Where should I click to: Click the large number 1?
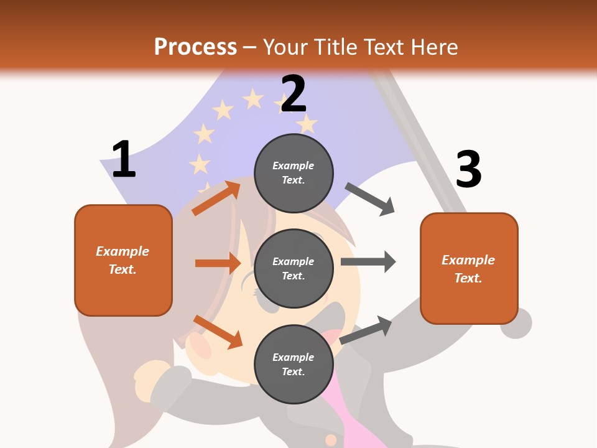pyautogui.click(x=124, y=159)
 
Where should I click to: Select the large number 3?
pyautogui.click(x=468, y=169)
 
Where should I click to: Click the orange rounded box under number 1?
pyautogui.click(x=123, y=260)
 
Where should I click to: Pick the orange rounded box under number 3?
pyautogui.click(x=469, y=269)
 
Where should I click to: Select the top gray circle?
pyautogui.click(x=294, y=173)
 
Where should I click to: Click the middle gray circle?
pyautogui.click(x=294, y=268)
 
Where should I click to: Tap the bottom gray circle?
pyautogui.click(x=294, y=364)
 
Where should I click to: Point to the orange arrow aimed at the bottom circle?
pyautogui.click(x=218, y=332)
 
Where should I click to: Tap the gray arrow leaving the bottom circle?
pyautogui.click(x=366, y=330)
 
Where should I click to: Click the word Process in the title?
pyautogui.click(x=195, y=47)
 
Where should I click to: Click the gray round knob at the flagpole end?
pyautogui.click(x=516, y=323)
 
